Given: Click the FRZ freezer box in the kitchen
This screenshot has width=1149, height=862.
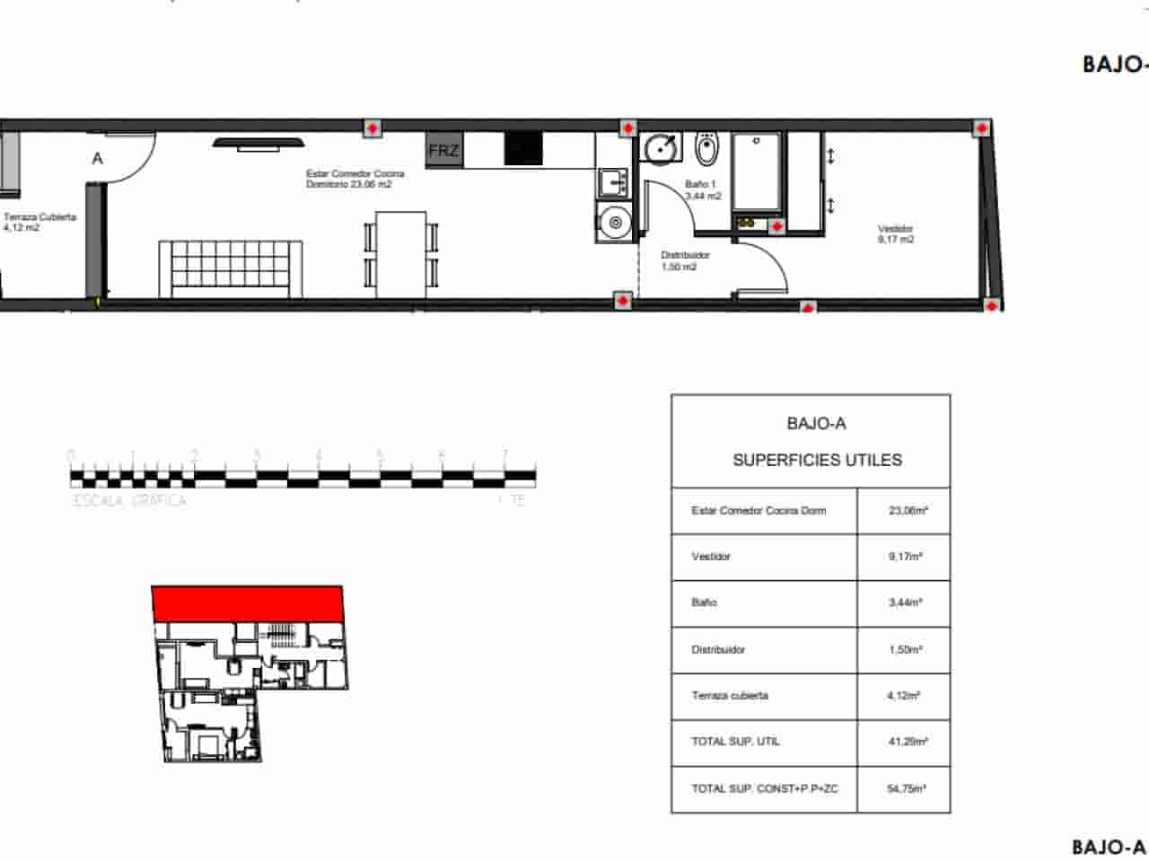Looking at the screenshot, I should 443,151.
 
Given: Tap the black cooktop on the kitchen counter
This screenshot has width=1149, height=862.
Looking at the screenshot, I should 523,149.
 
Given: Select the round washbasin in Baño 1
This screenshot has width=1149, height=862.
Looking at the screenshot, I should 662,148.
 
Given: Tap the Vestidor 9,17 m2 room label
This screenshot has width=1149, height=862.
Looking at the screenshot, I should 895,234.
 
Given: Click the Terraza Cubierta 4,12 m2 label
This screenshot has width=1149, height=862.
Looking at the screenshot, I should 39,222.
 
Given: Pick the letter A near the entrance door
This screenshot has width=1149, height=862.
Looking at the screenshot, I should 97,159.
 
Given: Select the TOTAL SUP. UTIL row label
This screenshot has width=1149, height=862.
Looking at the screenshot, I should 735,742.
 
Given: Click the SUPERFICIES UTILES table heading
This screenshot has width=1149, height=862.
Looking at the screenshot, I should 817,461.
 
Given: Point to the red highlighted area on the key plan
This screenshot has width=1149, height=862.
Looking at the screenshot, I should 248,603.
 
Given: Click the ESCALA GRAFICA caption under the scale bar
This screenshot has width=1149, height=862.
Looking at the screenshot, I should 129,501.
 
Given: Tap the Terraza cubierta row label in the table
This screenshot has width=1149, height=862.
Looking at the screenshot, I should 730,696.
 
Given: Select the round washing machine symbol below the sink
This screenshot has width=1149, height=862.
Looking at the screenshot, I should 615,221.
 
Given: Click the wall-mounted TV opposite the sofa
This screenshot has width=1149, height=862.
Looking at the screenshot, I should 259,141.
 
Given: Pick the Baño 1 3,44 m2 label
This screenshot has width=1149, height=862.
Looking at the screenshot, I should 703,190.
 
